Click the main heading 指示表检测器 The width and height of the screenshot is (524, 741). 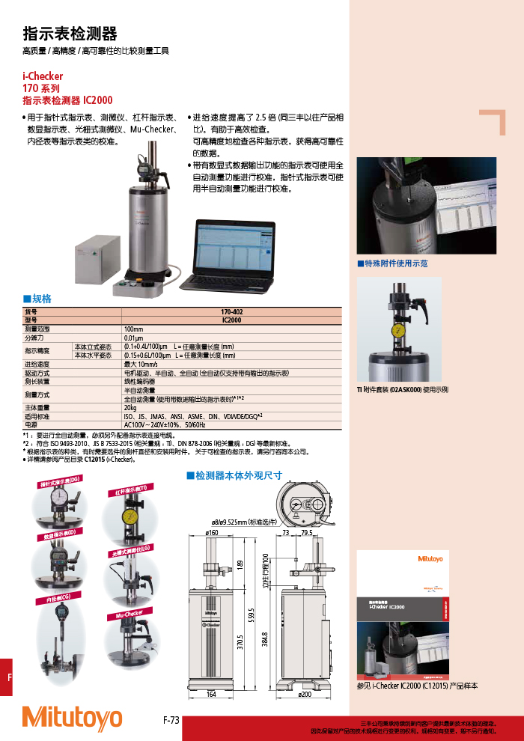[x=70, y=34]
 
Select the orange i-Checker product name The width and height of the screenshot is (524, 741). [x=43, y=76]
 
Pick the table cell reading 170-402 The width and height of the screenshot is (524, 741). [x=231, y=311]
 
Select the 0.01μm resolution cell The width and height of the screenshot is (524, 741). [x=135, y=338]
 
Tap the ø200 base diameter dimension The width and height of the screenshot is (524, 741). [x=305, y=695]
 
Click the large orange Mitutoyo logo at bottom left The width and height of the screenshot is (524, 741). [x=72, y=718]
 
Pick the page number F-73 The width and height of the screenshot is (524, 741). [x=171, y=720]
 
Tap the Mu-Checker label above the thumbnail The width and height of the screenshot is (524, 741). [x=129, y=614]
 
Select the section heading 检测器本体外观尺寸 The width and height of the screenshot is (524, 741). [x=234, y=475]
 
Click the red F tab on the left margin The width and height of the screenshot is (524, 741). [x=8, y=677]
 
